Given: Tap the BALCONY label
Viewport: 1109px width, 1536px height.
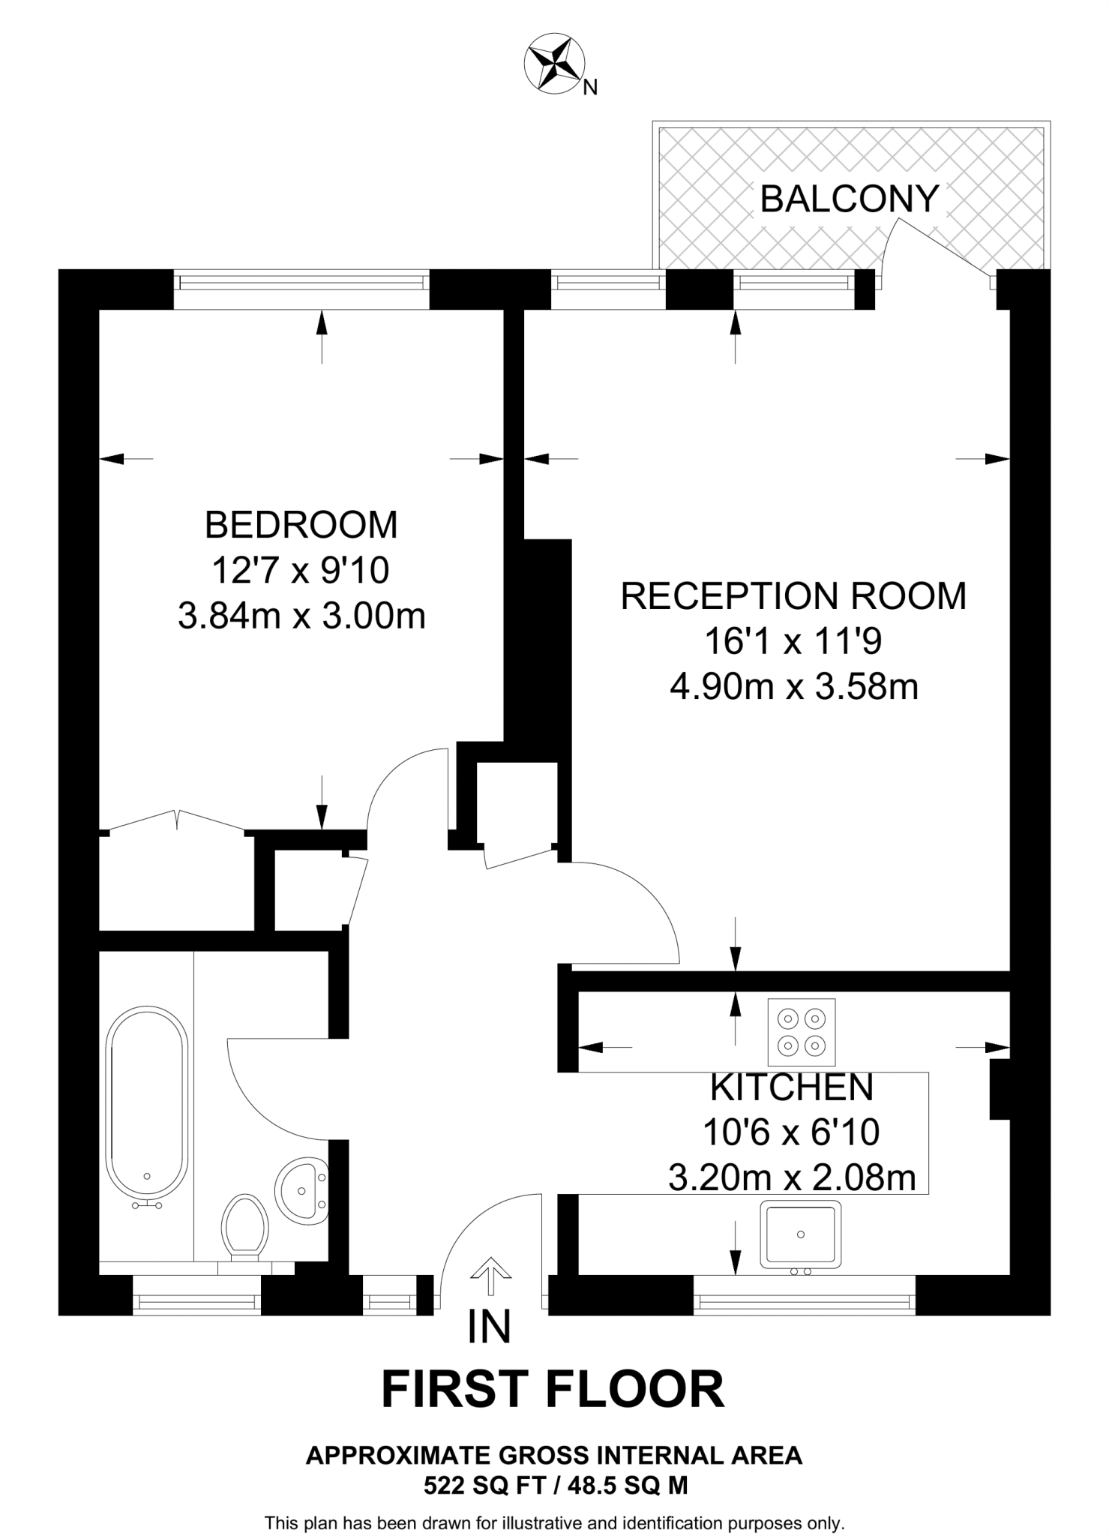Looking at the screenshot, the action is point(850,199).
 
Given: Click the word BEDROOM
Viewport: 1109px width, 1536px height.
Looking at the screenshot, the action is point(301,525).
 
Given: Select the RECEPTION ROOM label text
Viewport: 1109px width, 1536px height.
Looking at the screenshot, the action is point(794,596).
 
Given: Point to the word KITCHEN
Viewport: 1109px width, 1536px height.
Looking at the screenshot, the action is point(793,1087).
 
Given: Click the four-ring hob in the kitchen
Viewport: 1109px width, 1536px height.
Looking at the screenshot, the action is point(802,1032).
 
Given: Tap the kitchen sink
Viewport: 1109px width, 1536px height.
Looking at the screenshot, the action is point(800,1235).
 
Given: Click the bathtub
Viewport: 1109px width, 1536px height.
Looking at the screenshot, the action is point(147,1106).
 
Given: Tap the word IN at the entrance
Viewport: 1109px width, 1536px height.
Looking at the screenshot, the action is point(490,1326).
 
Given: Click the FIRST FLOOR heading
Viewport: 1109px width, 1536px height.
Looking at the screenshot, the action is point(553,1389).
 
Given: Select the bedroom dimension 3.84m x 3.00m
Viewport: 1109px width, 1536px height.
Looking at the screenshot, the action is point(301,616).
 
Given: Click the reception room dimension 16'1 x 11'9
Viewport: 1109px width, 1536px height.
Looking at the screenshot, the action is point(793,641).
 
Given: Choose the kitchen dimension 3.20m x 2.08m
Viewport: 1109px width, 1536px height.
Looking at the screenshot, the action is point(793,1178).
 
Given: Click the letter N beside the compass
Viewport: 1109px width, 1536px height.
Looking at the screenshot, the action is point(591,88).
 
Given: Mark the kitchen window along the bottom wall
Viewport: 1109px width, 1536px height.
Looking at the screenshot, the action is point(805,1294).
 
